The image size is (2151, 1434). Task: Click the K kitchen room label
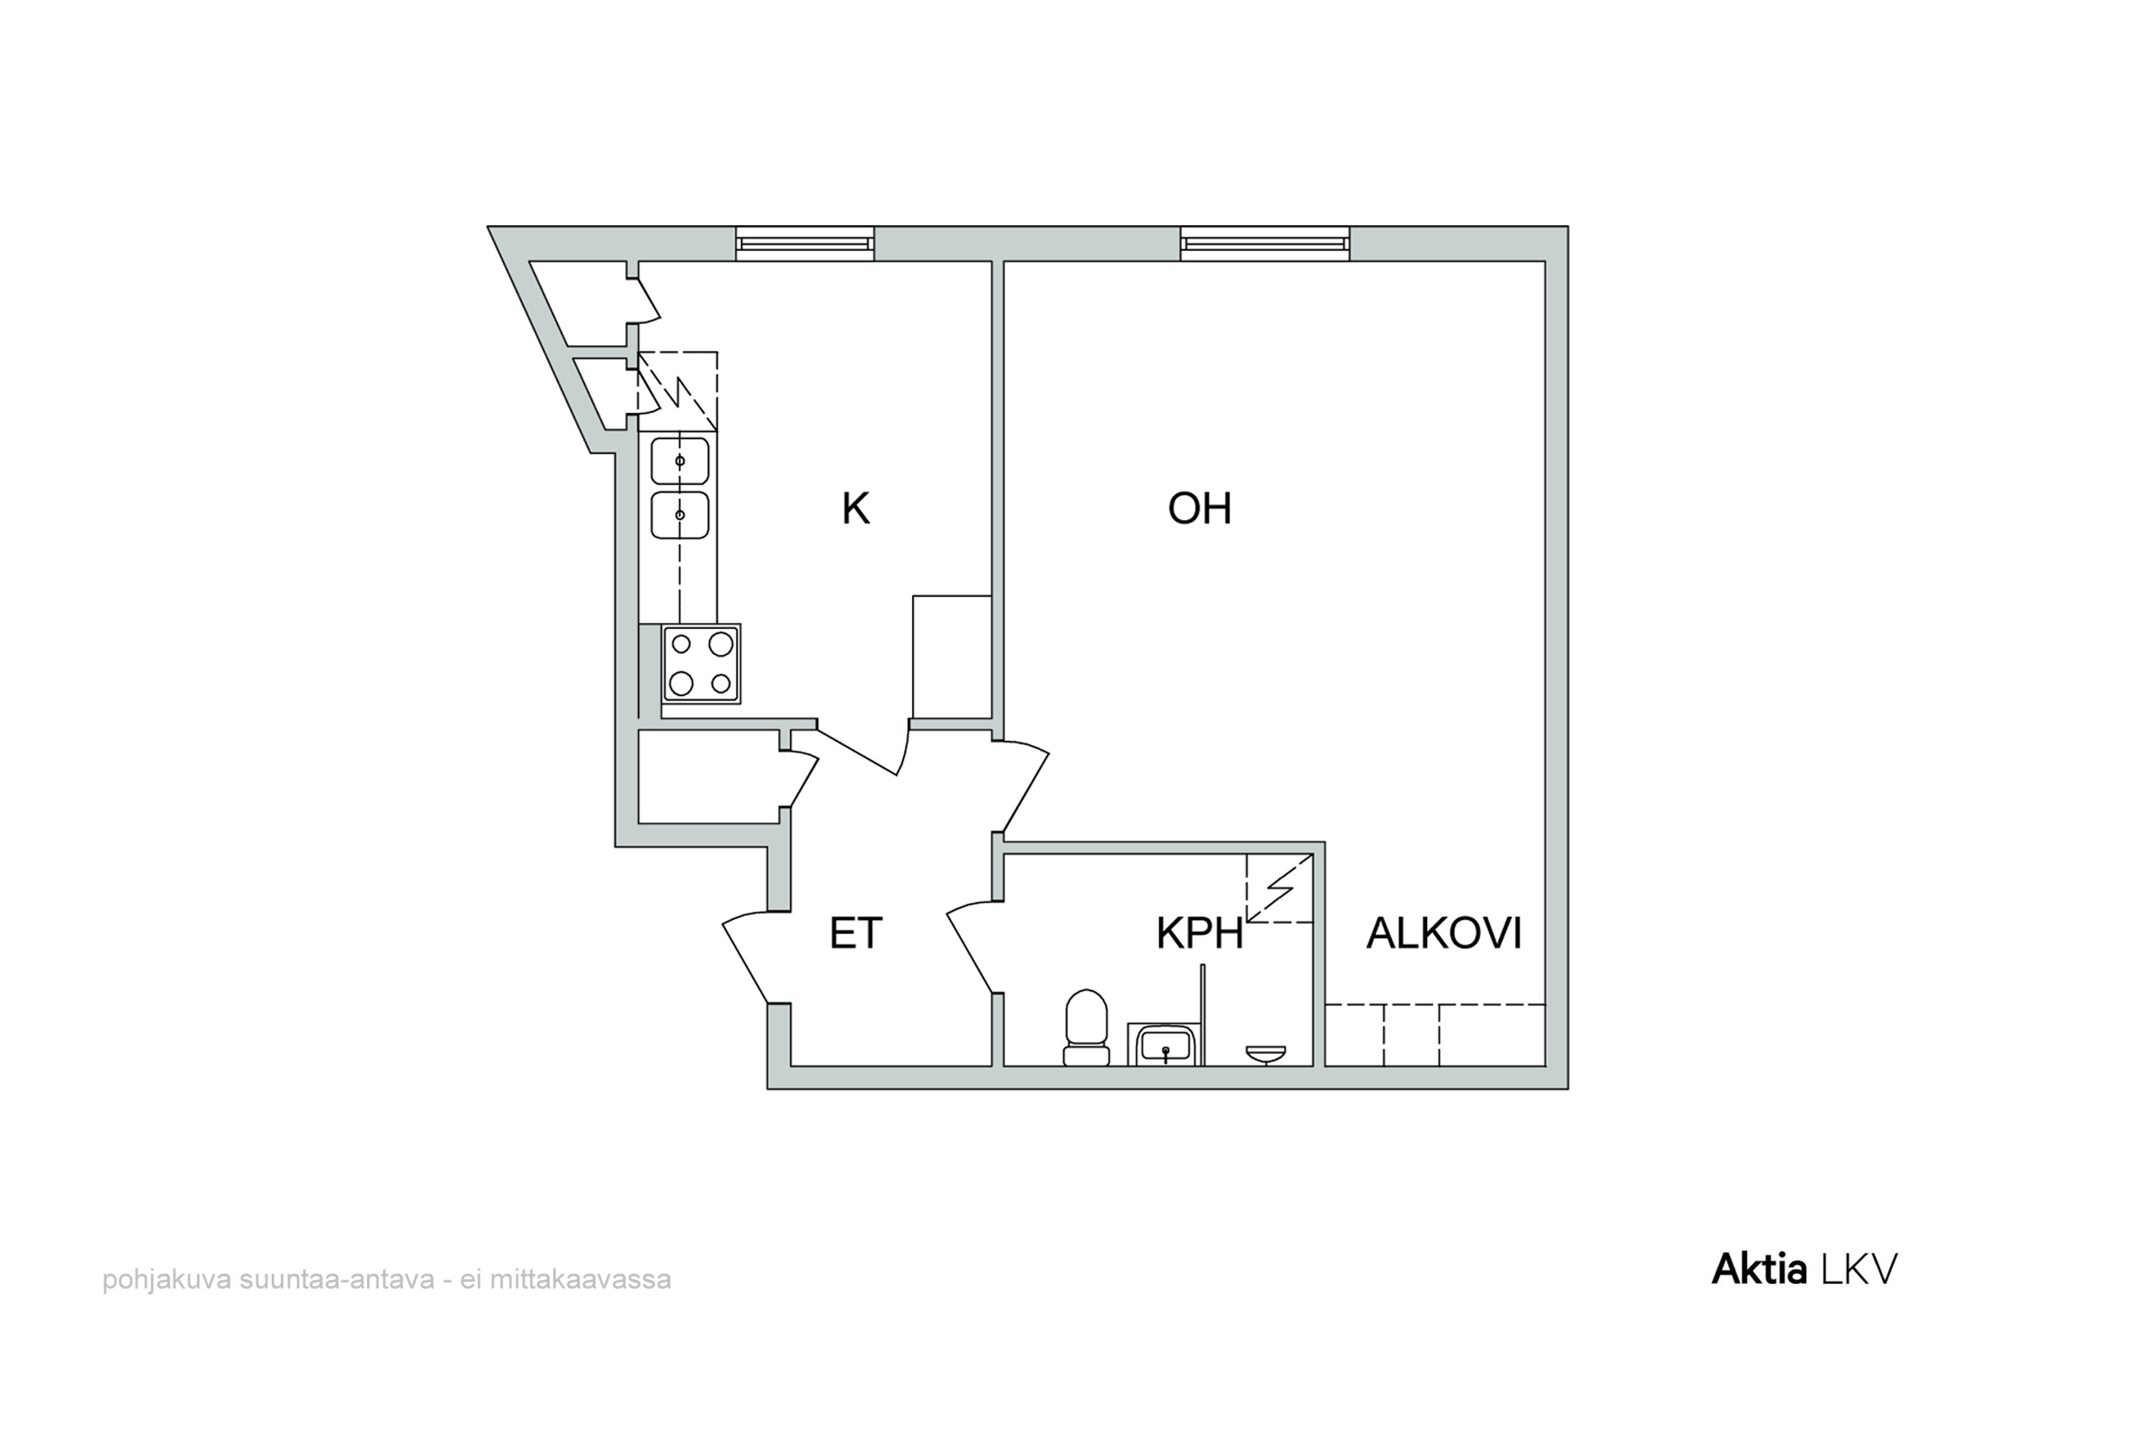855,508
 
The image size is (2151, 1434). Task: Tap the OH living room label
1199,508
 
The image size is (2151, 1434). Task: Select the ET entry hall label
855,933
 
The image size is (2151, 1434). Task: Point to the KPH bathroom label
1199,933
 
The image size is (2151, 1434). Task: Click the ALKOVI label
1443,933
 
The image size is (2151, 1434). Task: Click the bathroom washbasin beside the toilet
1165,1045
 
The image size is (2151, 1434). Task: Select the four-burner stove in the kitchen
701,664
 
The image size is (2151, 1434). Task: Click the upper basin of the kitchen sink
680,460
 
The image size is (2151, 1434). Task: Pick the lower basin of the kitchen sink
680,515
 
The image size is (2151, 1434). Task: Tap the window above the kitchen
804,243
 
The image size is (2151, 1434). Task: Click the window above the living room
1265,243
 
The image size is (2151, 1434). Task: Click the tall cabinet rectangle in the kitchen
952,657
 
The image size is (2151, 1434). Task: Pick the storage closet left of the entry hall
709,777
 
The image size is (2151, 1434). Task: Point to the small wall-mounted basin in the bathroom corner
1266,1055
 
